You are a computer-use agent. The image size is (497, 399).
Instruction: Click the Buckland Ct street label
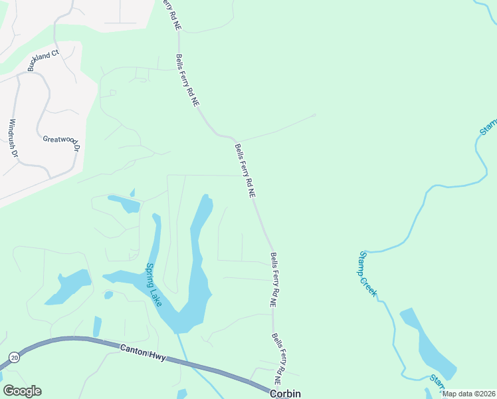43,60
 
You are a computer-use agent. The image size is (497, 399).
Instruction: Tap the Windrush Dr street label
13,138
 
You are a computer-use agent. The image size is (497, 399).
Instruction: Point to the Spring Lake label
154,285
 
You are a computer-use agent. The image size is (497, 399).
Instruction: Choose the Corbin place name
285,394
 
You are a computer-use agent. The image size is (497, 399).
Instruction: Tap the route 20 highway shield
14,358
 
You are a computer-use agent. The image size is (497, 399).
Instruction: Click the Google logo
22,391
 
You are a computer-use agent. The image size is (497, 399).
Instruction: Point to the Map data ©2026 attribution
469,394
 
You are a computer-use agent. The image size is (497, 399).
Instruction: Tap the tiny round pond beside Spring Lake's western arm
108,295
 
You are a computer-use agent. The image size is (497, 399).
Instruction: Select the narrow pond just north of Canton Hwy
97,326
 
